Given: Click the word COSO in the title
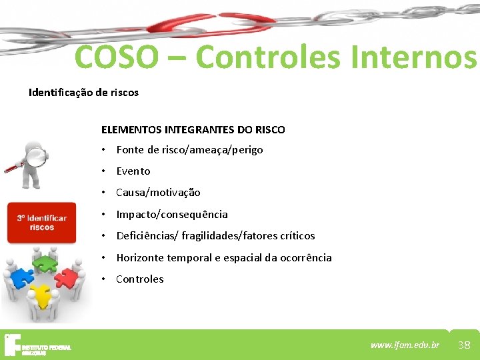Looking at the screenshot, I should [117, 57].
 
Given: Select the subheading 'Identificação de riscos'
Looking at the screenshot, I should [83, 93].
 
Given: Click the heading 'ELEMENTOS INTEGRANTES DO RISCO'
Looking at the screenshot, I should [193, 129].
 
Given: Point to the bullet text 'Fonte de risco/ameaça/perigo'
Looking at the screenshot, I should [189, 150].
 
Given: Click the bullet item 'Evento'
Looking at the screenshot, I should [133, 171].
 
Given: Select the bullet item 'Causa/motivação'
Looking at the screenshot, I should [158, 193].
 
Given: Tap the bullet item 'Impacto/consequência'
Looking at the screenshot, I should [172, 215].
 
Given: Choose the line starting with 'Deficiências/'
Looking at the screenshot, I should [215, 236].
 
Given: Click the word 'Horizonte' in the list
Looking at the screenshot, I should [140, 258].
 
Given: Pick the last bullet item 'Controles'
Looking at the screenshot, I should [140, 279].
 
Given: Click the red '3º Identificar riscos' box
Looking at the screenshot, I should [42, 223].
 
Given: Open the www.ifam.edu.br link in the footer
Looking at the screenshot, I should [405, 345].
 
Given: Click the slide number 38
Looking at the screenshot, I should [464, 345].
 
